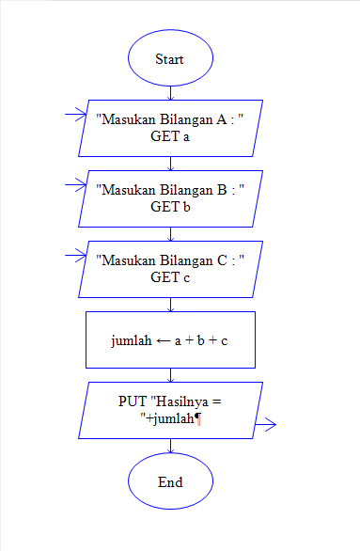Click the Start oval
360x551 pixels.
[170, 58]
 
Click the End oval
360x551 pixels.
[170, 481]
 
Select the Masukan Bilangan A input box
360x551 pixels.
[170, 128]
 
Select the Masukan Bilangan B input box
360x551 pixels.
[170, 198]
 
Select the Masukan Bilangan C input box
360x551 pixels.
[170, 269]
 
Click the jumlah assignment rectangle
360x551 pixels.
[170, 338]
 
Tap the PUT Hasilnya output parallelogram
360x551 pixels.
[170, 410]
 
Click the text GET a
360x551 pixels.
[170, 136]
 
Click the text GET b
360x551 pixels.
[170, 207]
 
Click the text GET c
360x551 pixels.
[170, 277]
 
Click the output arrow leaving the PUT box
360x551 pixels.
[265, 425]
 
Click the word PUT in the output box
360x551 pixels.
[133, 401]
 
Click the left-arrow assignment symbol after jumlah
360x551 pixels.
[163, 339]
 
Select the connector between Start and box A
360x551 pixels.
[170, 92]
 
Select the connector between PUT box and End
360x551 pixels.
[170, 446]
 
